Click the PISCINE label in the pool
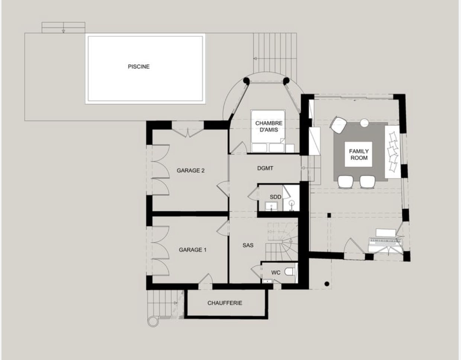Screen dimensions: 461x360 tap(139, 67)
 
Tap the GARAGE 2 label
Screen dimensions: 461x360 tap(190, 171)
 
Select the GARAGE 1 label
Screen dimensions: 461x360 tap(193, 250)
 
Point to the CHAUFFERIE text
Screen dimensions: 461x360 tap(225, 303)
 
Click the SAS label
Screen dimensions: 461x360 tap(248, 245)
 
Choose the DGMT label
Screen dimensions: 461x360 tap(265, 168)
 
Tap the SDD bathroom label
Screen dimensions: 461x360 tap(275, 197)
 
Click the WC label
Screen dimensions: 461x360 tap(275, 273)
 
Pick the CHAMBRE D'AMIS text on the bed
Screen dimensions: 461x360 tap(269, 126)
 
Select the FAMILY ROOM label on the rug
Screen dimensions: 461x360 tap(359, 154)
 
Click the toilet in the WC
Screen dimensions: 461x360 tap(290, 271)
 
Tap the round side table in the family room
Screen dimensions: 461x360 tap(364, 123)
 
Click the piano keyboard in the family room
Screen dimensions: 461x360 tap(385, 242)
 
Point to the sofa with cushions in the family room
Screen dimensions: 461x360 tap(393, 152)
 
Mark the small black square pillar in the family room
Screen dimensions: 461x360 tap(329, 215)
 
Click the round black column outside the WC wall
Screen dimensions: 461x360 tap(327, 284)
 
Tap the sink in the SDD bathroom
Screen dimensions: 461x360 tap(271, 206)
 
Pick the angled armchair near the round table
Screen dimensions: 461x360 tap(338, 125)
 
